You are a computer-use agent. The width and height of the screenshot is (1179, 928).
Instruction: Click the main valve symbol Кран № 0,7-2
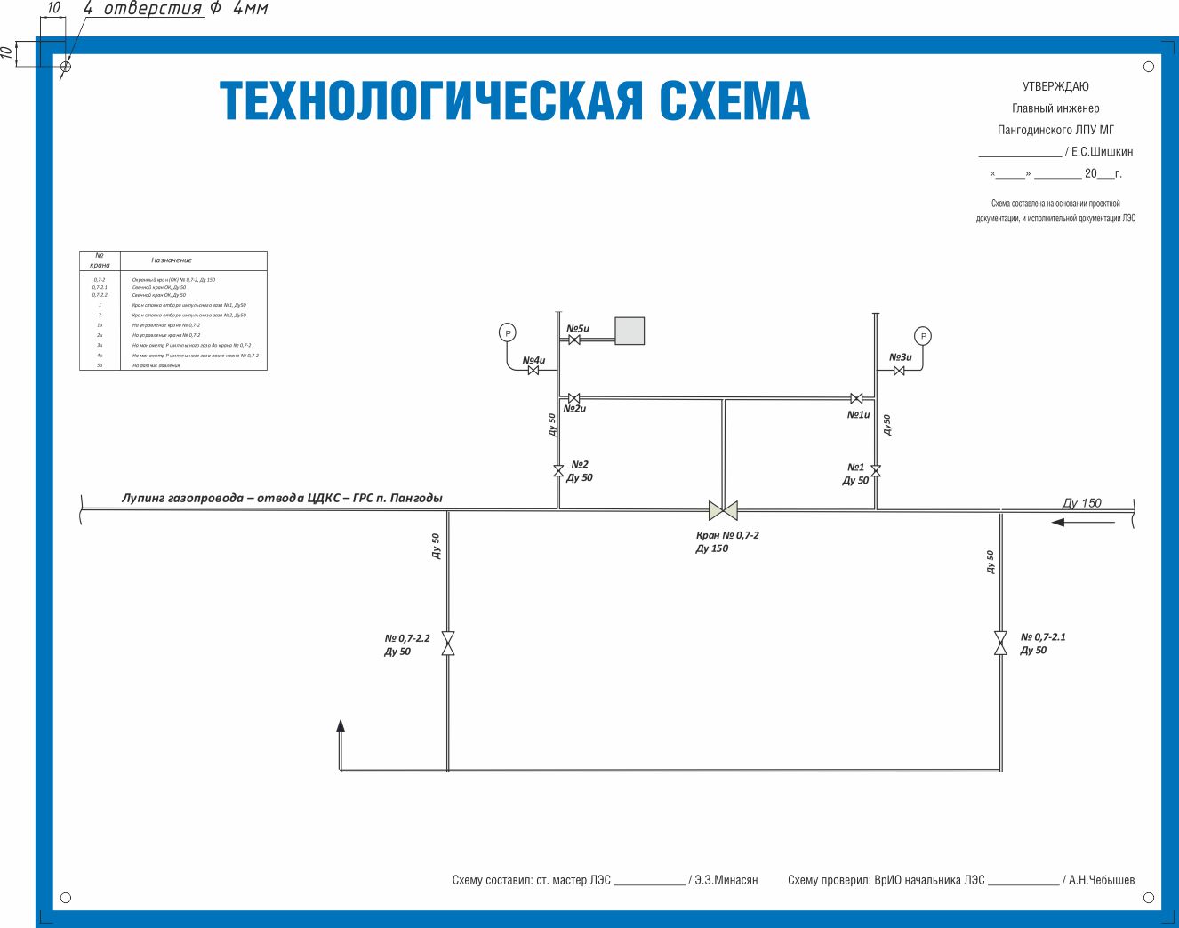tap(723, 510)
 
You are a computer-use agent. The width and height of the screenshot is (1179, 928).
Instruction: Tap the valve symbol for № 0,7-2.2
tap(448, 644)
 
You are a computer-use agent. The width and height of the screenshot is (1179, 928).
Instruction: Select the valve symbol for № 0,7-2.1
tap(1000, 643)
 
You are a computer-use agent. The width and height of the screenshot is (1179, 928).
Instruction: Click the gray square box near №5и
tap(630, 331)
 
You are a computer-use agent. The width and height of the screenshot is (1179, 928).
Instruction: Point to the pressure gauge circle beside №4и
tap(508, 333)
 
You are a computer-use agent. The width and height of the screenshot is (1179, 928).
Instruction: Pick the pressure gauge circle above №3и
tap(924, 336)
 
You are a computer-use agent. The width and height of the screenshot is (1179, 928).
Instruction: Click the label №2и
tap(574, 409)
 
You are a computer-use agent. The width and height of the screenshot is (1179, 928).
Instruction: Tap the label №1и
tap(858, 415)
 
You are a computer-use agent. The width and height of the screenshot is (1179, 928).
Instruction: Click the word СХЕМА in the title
tap(734, 100)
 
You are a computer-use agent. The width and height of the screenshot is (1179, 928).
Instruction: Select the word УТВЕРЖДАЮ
tap(1055, 86)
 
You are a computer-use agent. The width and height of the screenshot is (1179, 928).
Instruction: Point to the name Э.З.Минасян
tap(726, 880)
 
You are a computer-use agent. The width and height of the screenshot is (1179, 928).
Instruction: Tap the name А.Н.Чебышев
tap(1102, 880)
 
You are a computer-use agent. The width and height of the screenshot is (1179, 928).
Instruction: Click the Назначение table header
tap(172, 260)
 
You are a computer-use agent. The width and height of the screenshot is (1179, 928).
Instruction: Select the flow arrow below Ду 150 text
tap(1083, 523)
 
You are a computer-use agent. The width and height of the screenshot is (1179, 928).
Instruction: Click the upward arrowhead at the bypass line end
tap(341, 726)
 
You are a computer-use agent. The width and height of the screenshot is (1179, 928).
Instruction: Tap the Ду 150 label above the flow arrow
tap(1082, 503)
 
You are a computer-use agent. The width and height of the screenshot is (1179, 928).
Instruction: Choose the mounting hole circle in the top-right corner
tap(1149, 67)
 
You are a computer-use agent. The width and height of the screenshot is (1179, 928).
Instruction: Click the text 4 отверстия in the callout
tap(143, 9)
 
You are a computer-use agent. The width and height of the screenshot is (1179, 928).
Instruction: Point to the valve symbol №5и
tap(574, 340)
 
